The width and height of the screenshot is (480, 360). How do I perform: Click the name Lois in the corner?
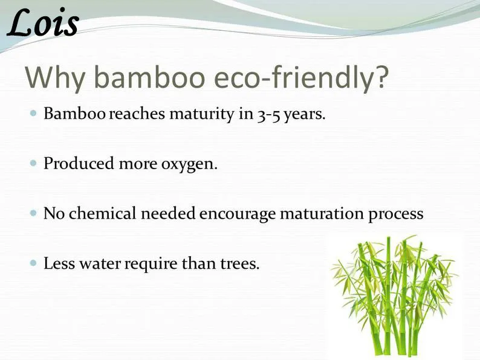click(42, 23)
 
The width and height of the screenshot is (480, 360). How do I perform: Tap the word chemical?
click(102, 213)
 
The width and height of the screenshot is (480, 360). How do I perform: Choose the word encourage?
click(238, 214)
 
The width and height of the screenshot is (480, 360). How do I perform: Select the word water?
click(100, 263)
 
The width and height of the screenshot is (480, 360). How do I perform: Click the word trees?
click(239, 263)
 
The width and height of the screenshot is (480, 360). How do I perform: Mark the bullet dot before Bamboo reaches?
click(33, 113)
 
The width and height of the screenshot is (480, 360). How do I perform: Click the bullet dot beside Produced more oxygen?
click(33, 163)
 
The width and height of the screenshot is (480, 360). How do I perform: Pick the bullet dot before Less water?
click(33, 263)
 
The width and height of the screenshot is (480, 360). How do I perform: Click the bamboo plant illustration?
click(394, 295)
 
